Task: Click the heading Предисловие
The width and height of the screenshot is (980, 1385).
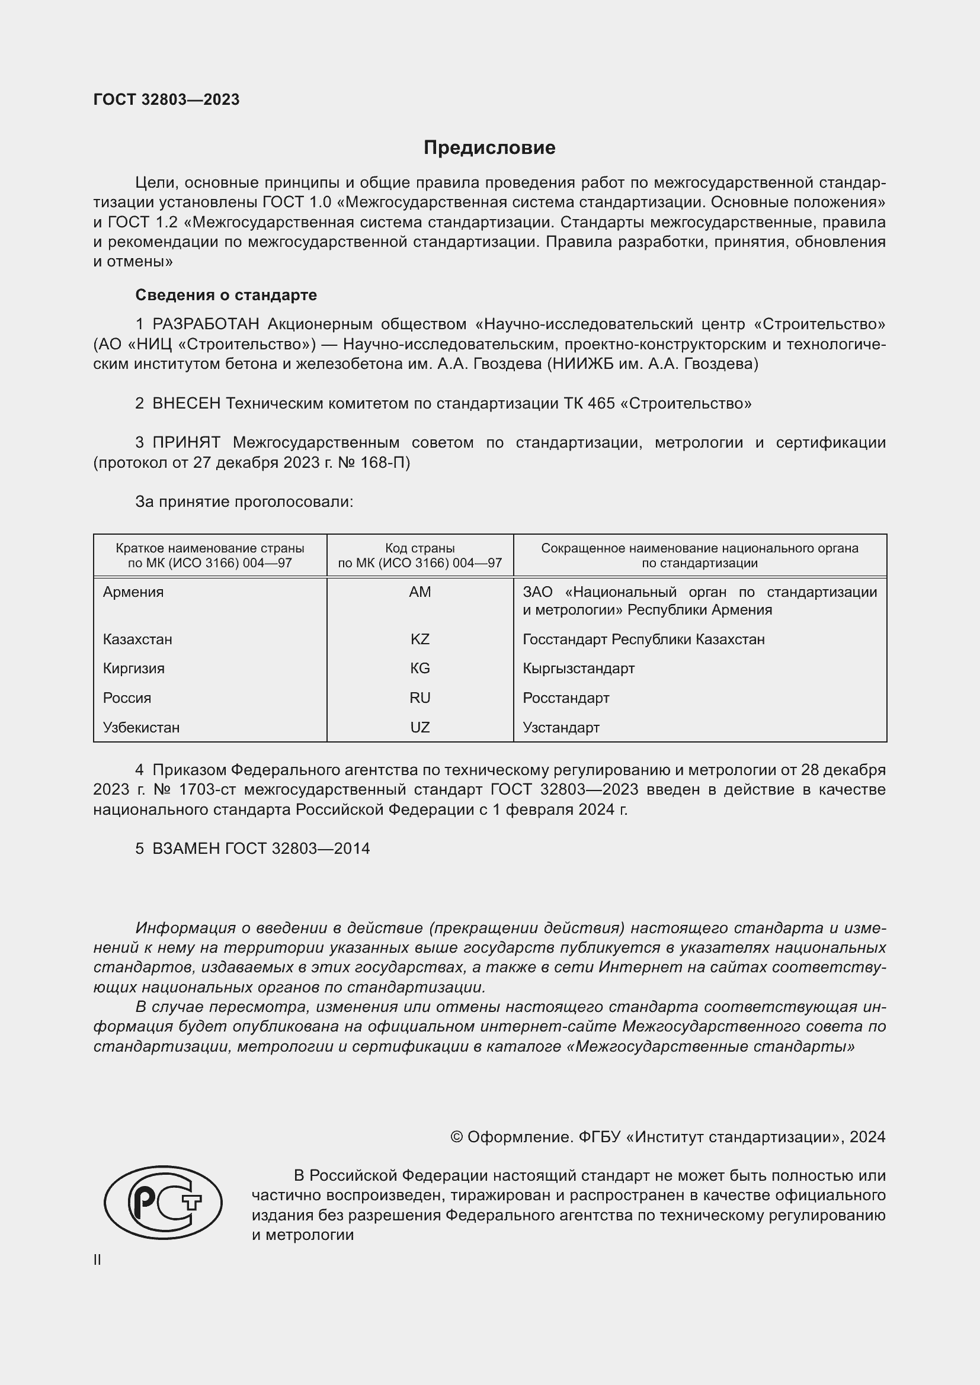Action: pyautogui.click(x=489, y=148)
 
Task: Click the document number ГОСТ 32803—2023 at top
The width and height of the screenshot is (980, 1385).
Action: pyautogui.click(x=166, y=99)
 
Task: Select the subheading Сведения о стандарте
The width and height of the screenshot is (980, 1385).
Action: pyautogui.click(x=226, y=295)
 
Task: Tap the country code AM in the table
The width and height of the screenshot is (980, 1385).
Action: pyautogui.click(x=419, y=592)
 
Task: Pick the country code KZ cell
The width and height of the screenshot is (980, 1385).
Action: pyautogui.click(x=419, y=639)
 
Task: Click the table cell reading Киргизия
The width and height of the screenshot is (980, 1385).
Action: pyautogui.click(x=134, y=669)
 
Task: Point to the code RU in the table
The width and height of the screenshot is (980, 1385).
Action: pyautogui.click(x=419, y=698)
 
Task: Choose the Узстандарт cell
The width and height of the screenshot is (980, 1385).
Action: pyautogui.click(x=561, y=728)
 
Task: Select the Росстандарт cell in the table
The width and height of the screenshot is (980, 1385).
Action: pyautogui.click(x=566, y=698)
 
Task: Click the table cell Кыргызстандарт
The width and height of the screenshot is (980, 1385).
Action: pyautogui.click(x=579, y=669)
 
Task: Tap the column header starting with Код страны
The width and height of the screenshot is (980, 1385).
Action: pyautogui.click(x=419, y=555)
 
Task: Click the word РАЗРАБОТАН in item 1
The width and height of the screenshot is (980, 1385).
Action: pyautogui.click(x=206, y=324)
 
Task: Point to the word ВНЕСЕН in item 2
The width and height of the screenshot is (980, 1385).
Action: pyautogui.click(x=187, y=404)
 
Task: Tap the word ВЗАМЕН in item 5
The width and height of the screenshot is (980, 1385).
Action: pyautogui.click(x=186, y=849)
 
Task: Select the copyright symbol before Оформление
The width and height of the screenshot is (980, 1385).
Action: pyautogui.click(x=456, y=1137)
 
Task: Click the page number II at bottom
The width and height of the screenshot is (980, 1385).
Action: pyautogui.click(x=97, y=1260)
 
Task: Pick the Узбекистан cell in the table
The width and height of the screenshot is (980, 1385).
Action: pyautogui.click(x=141, y=728)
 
